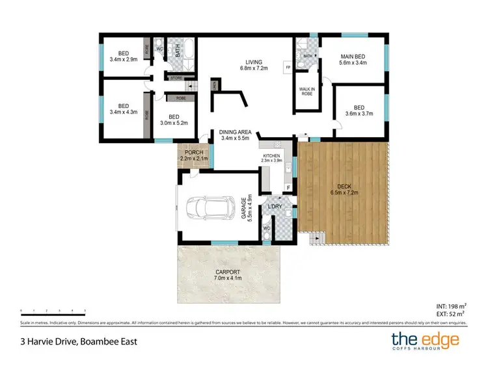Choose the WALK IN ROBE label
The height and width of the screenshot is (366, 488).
click(306, 90)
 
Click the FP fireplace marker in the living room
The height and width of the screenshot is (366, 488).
click(287, 68)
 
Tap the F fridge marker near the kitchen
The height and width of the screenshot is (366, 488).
click(288, 188)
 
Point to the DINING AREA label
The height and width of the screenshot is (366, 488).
click(236, 132)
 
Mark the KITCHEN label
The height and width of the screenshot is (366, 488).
click(271, 156)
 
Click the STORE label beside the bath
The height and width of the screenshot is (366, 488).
click(176, 78)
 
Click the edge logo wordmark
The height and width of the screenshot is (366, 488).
click(426, 340)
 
